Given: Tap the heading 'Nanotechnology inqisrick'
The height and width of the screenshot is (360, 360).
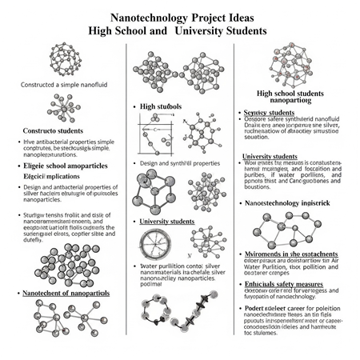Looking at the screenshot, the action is tap(291, 203).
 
